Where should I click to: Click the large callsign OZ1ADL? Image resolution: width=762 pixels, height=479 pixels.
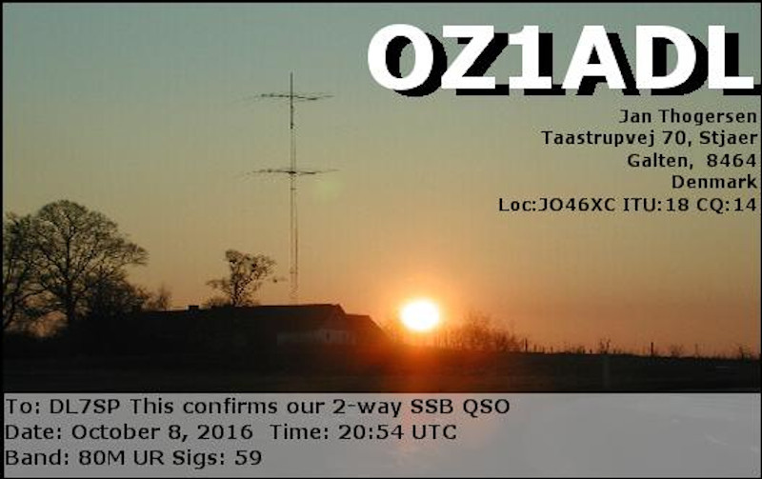561,59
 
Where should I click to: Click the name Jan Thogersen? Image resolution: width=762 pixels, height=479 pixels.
688,117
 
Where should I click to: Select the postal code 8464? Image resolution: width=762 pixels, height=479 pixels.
732,160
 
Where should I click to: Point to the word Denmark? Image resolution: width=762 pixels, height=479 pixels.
713,182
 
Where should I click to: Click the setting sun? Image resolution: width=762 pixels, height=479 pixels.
420,315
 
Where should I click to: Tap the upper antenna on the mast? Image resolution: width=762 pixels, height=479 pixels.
293,96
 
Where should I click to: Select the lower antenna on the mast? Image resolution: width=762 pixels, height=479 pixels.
293,171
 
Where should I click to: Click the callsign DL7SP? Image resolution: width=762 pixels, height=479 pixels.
85,407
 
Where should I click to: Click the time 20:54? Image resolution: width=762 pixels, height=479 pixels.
371,432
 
